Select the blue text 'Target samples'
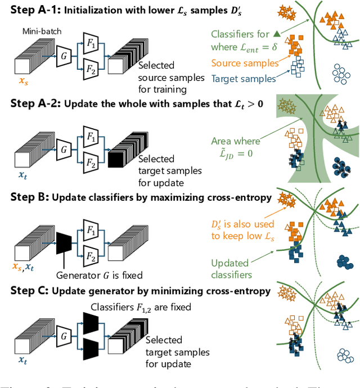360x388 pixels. point(243,79)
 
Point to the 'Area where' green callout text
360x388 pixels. point(236,141)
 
